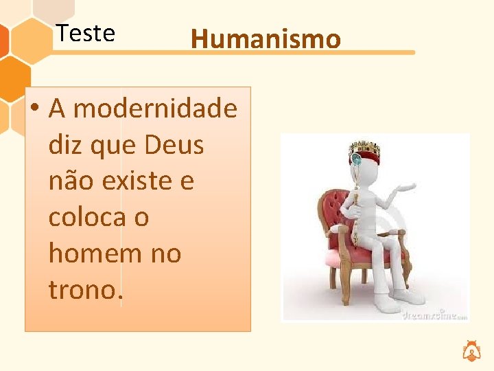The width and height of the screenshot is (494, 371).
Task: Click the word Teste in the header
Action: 86,33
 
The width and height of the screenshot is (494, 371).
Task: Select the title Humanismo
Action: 266,39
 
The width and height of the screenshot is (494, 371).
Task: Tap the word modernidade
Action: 155,109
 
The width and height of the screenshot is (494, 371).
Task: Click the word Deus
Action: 174,145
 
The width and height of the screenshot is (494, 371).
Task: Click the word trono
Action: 85,290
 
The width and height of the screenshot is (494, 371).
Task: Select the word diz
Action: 64,145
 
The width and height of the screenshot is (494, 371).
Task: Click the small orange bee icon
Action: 471,350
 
